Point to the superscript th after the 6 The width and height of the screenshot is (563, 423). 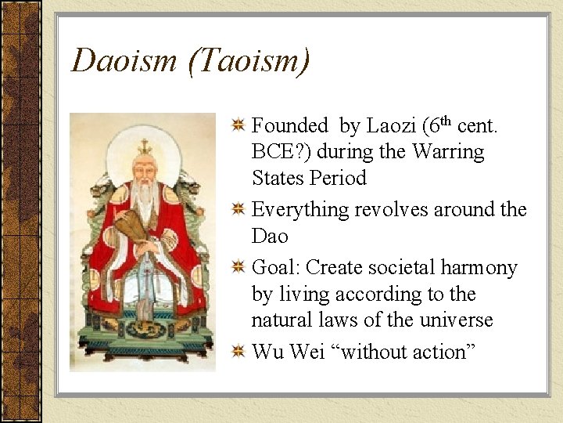446,121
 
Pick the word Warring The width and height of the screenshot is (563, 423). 449,151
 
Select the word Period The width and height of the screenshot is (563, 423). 338,178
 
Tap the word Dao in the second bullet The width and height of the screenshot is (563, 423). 270,236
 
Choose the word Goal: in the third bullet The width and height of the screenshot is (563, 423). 276,268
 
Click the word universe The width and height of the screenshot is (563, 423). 456,320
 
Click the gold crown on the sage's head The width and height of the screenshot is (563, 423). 144,146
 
